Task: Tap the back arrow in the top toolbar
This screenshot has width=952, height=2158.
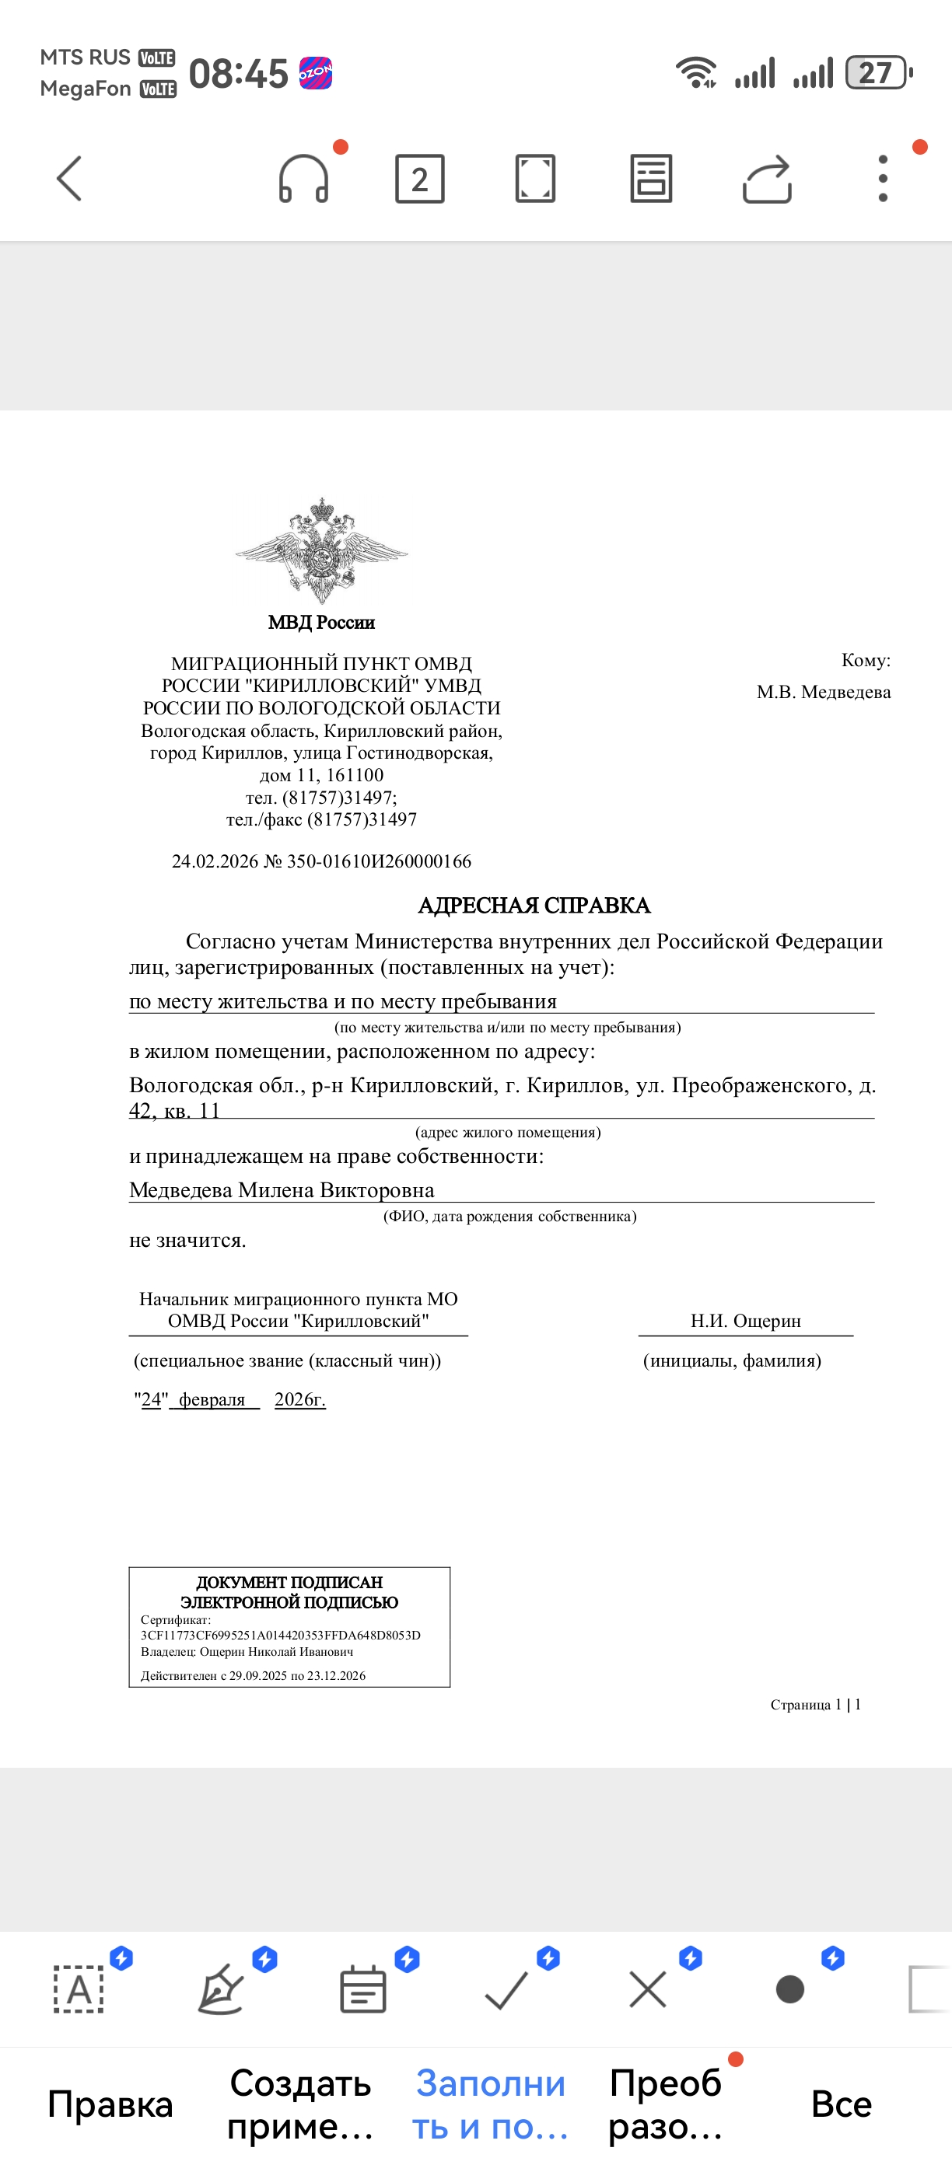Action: pyautogui.click(x=69, y=179)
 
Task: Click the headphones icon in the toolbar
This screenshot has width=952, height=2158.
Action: pyautogui.click(x=303, y=179)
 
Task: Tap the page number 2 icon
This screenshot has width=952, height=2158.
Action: pyautogui.click(x=420, y=179)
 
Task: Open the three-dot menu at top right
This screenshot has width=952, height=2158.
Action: pyautogui.click(x=883, y=179)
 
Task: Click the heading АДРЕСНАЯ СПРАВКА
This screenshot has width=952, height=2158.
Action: pyautogui.click(x=534, y=906)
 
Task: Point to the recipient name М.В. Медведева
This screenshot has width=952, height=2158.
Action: pyautogui.click(x=823, y=692)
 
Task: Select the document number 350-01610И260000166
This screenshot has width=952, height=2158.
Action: pyautogui.click(x=379, y=861)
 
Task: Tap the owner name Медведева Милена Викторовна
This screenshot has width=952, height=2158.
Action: pyautogui.click(x=282, y=1189)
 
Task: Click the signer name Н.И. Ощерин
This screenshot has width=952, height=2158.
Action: pyautogui.click(x=745, y=1321)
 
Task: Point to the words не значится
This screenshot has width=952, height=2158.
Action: pyautogui.click(x=187, y=1240)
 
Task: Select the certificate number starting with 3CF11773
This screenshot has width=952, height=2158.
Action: pyautogui.click(x=280, y=1636)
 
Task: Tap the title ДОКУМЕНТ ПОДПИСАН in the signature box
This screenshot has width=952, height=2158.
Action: pyautogui.click(x=289, y=1583)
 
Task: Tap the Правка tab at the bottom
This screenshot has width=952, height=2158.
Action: pyautogui.click(x=110, y=2104)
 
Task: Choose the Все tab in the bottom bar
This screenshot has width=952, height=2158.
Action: pyautogui.click(x=842, y=2104)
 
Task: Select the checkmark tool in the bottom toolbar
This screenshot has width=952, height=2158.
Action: pyautogui.click(x=506, y=1989)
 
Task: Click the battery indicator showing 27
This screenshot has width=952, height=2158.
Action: pyautogui.click(x=877, y=73)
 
